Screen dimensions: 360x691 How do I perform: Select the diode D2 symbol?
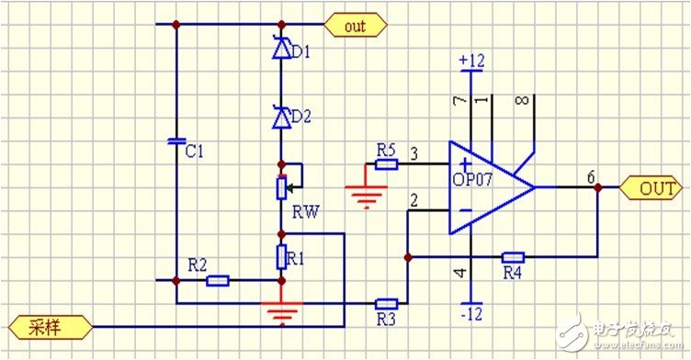(279, 117)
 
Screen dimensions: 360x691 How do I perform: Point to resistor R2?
(218, 280)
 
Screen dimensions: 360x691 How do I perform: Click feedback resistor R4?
(513, 257)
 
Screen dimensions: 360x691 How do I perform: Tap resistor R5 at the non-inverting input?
(386, 165)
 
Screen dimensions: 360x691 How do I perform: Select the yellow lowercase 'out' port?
(355, 26)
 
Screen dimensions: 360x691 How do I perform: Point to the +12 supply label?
(470, 60)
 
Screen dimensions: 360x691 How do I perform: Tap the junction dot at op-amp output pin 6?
(598, 187)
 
